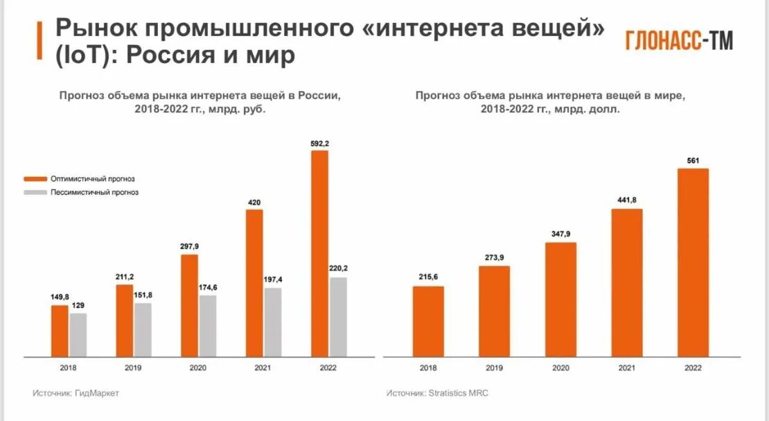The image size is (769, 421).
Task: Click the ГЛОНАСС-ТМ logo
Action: (x=678, y=41)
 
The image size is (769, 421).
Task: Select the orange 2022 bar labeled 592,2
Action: (x=319, y=253)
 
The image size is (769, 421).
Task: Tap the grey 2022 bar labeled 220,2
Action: (x=337, y=317)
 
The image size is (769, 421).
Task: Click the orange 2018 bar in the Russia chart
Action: (x=60, y=331)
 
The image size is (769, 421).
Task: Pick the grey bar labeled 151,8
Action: (x=143, y=329)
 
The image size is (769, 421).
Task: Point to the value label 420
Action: (x=254, y=203)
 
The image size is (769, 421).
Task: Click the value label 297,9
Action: (x=189, y=246)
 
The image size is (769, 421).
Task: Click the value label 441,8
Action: (x=627, y=200)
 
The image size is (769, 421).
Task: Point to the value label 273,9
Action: (x=495, y=258)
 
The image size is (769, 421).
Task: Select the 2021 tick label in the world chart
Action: (x=627, y=368)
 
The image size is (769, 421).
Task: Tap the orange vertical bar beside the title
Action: (x=39, y=40)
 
